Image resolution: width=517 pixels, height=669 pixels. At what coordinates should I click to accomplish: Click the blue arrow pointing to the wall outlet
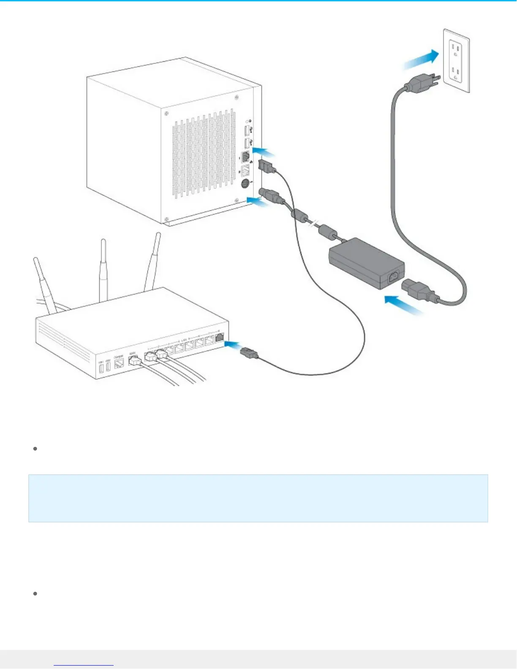[x=421, y=59]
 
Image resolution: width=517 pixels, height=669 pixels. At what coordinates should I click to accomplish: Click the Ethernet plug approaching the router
[x=249, y=353]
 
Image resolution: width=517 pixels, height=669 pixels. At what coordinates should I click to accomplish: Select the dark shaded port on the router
[x=220, y=337]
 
